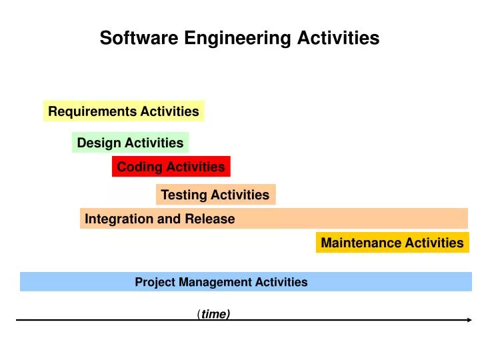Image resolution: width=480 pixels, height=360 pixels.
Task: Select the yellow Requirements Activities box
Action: pos(124,111)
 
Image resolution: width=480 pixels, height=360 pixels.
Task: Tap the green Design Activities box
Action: pos(131,143)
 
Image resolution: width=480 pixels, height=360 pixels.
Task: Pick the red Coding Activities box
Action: pos(171,167)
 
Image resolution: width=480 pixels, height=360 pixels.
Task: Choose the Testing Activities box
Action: pos(215,195)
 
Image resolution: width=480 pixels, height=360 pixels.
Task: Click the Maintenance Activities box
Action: pos(393,243)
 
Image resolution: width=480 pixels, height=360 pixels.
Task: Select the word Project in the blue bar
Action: pos(155,282)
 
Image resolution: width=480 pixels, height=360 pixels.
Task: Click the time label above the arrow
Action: pos(215,314)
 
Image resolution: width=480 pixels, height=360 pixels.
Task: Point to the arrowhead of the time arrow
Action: pos(468,320)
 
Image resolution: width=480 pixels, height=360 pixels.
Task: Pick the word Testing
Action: pos(185,195)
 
